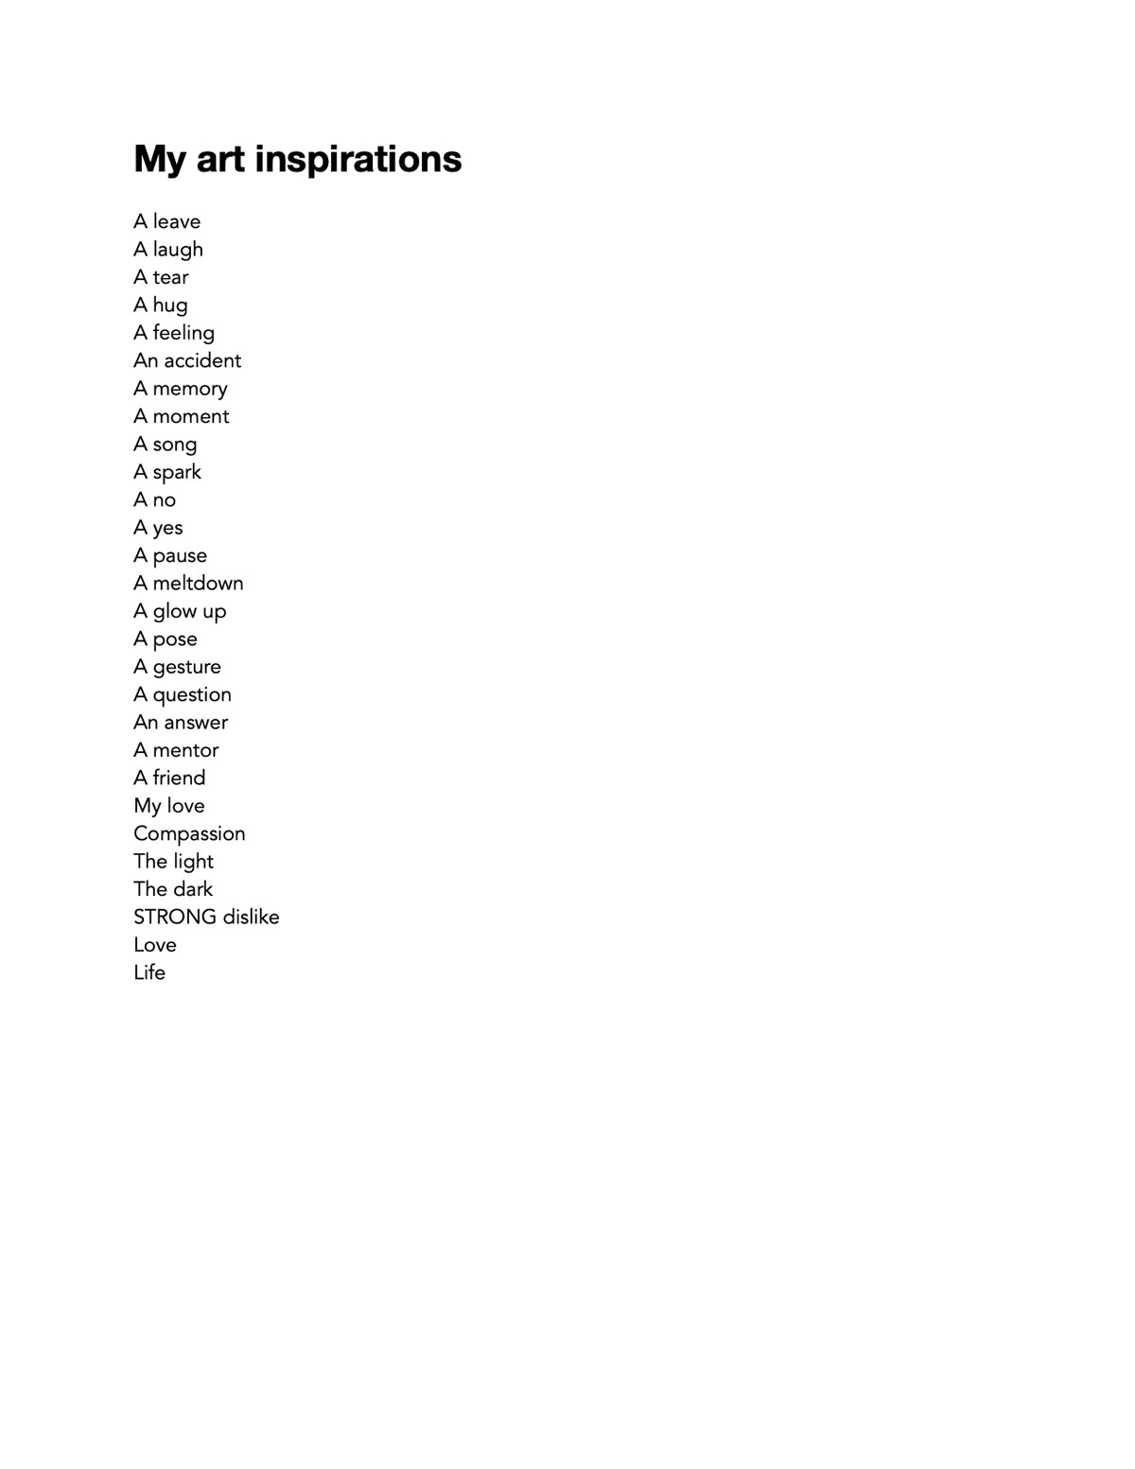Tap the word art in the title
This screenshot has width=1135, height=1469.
(219, 159)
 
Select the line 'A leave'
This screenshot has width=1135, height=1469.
(166, 221)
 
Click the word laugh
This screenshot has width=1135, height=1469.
(178, 250)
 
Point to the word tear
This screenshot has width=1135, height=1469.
(170, 277)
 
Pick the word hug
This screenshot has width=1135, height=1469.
(170, 306)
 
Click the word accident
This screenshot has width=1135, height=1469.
(202, 360)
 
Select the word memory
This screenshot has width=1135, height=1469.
(190, 389)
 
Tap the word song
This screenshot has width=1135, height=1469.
(175, 445)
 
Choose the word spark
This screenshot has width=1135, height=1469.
(177, 472)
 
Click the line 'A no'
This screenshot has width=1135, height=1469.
(154, 499)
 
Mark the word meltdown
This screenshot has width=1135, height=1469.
(198, 583)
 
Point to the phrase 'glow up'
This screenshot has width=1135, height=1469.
(189, 611)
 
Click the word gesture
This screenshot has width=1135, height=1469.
(186, 667)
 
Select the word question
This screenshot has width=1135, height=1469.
(192, 694)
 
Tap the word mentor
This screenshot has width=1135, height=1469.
(185, 750)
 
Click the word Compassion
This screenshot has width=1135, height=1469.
(189, 833)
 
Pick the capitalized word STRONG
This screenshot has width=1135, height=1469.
(175, 917)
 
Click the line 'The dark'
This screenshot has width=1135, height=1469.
(173, 889)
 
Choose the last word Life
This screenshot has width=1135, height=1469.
(149, 972)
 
